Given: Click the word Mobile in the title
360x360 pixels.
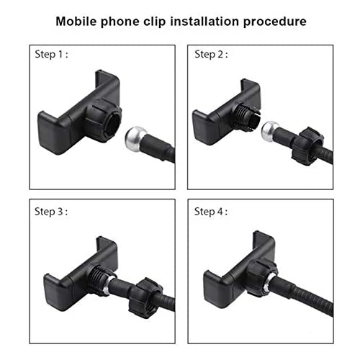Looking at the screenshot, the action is point(76,21).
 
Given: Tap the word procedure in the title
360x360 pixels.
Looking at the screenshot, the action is point(274,22).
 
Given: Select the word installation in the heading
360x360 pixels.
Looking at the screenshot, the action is point(204,21).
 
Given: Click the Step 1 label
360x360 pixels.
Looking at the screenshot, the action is point(51,55).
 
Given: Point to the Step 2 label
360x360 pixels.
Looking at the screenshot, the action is point(211,55).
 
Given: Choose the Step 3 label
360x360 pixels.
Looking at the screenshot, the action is point(51,212).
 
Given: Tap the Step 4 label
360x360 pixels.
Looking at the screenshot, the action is point(211,212).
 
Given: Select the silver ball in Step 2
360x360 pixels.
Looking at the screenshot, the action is point(270,131).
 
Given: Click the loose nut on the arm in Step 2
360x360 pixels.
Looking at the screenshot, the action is point(307,146).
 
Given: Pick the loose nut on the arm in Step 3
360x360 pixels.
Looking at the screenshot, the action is point(145,298).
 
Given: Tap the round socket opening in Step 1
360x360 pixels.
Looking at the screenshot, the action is point(114,124).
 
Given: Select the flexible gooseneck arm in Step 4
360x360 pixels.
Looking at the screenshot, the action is point(303,293).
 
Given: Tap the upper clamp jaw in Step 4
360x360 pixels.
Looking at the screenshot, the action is point(264,245).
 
